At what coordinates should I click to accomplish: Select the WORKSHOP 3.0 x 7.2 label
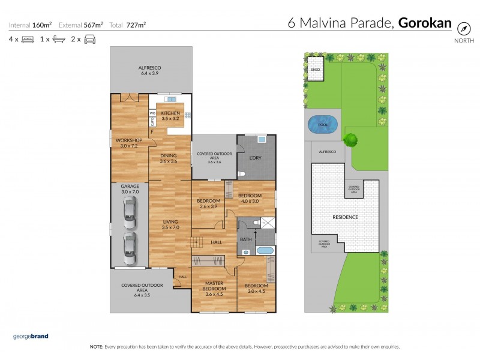coord(129,143)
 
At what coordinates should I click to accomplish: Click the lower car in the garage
coord(130,248)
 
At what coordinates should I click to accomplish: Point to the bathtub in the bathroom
coord(264,250)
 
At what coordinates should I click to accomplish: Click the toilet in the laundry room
coord(241,174)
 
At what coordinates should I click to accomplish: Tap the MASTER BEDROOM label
coord(214,289)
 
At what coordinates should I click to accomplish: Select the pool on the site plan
coord(322,124)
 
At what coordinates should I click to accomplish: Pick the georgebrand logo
coord(31,336)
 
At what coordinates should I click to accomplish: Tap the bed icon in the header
coord(28,39)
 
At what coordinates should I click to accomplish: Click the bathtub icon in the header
coord(59,39)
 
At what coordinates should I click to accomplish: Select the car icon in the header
coord(90,39)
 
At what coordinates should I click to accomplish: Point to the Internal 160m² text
coord(30,25)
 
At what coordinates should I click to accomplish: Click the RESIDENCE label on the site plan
coord(345,217)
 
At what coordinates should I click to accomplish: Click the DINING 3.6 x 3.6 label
coord(168,158)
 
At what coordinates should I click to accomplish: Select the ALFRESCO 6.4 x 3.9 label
coord(151,71)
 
